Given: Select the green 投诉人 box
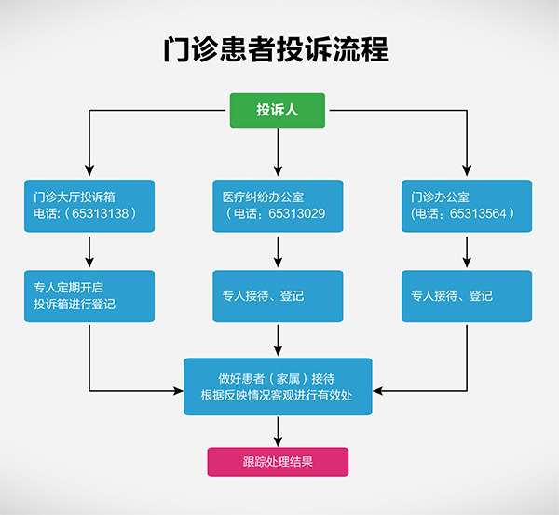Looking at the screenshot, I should (x=278, y=110).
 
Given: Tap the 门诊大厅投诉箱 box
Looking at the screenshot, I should (x=89, y=206).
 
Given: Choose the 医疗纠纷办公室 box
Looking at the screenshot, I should (x=278, y=206).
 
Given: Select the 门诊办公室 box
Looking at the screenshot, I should (x=467, y=206).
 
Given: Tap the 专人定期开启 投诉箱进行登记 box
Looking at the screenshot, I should (x=89, y=295).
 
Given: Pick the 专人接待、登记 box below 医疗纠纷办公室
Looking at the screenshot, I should (x=278, y=295).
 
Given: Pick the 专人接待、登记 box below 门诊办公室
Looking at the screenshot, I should (x=467, y=295).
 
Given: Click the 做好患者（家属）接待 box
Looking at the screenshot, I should (x=278, y=386).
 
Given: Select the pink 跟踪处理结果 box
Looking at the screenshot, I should (x=278, y=461).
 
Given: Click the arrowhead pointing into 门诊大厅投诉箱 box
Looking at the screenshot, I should (x=89, y=172).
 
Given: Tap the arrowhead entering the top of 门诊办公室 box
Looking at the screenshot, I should (x=467, y=172).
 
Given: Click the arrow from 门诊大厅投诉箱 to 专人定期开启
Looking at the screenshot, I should (x=89, y=251).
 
